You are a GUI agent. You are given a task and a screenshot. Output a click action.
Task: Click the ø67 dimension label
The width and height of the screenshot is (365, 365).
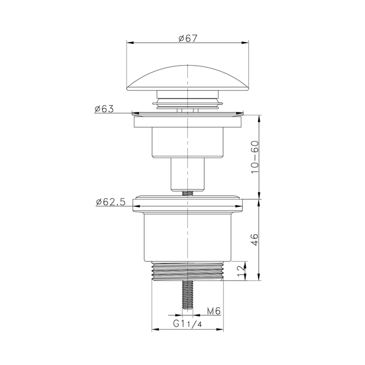pyautogui.click(x=188, y=38)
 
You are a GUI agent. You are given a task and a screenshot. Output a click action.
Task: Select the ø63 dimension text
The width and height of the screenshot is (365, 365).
pyautogui.click(x=104, y=109)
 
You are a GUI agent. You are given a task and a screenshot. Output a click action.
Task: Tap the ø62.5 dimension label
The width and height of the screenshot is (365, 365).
pyautogui.click(x=111, y=202)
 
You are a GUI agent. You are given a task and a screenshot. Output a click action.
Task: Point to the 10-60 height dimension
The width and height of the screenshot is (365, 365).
pyautogui.click(x=255, y=157)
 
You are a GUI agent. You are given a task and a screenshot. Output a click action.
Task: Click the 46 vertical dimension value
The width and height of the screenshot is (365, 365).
pyautogui.click(x=255, y=240)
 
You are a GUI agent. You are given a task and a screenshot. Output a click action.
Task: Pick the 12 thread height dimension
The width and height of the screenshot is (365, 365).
pyautogui.click(x=242, y=271)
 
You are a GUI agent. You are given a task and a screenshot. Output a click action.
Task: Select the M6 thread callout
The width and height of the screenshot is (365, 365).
pyautogui.click(x=214, y=311)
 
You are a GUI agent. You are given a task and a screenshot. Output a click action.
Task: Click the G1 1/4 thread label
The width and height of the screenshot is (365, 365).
pyautogui.click(x=187, y=324)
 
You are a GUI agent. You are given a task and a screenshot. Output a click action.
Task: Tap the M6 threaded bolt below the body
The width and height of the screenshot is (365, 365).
pyautogui.click(x=187, y=295)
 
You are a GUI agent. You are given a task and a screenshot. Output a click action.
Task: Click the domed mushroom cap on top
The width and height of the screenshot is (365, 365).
pyautogui.click(x=187, y=78)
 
